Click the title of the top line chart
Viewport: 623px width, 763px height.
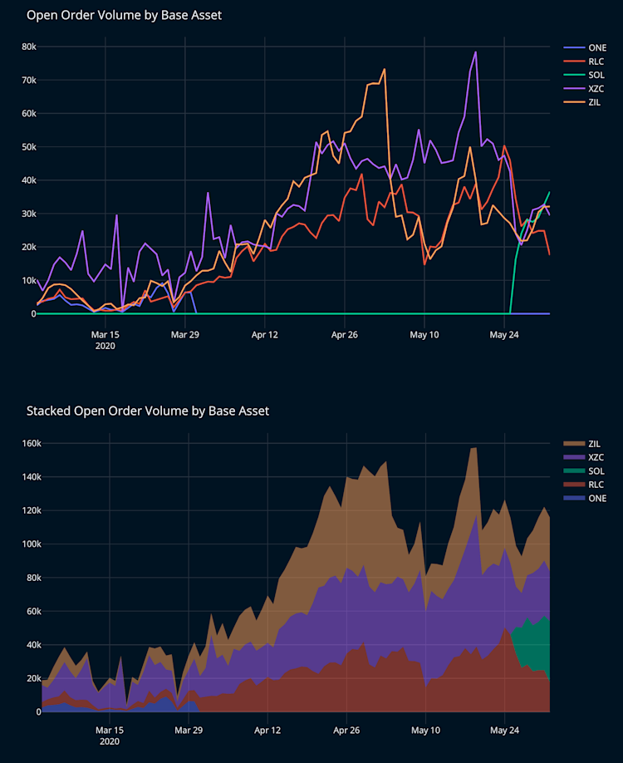[x=124, y=15]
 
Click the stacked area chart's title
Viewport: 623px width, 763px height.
[x=147, y=411]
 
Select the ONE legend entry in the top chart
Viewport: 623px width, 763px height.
[x=597, y=47]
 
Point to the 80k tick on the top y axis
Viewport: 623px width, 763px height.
[x=28, y=47]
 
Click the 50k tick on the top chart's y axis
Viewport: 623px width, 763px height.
[x=28, y=147]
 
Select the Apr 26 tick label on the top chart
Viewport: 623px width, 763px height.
[x=344, y=335]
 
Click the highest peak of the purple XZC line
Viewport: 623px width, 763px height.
[x=475, y=52]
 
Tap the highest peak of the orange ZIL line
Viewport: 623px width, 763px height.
[x=385, y=69]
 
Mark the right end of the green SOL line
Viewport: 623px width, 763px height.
[x=549, y=192]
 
